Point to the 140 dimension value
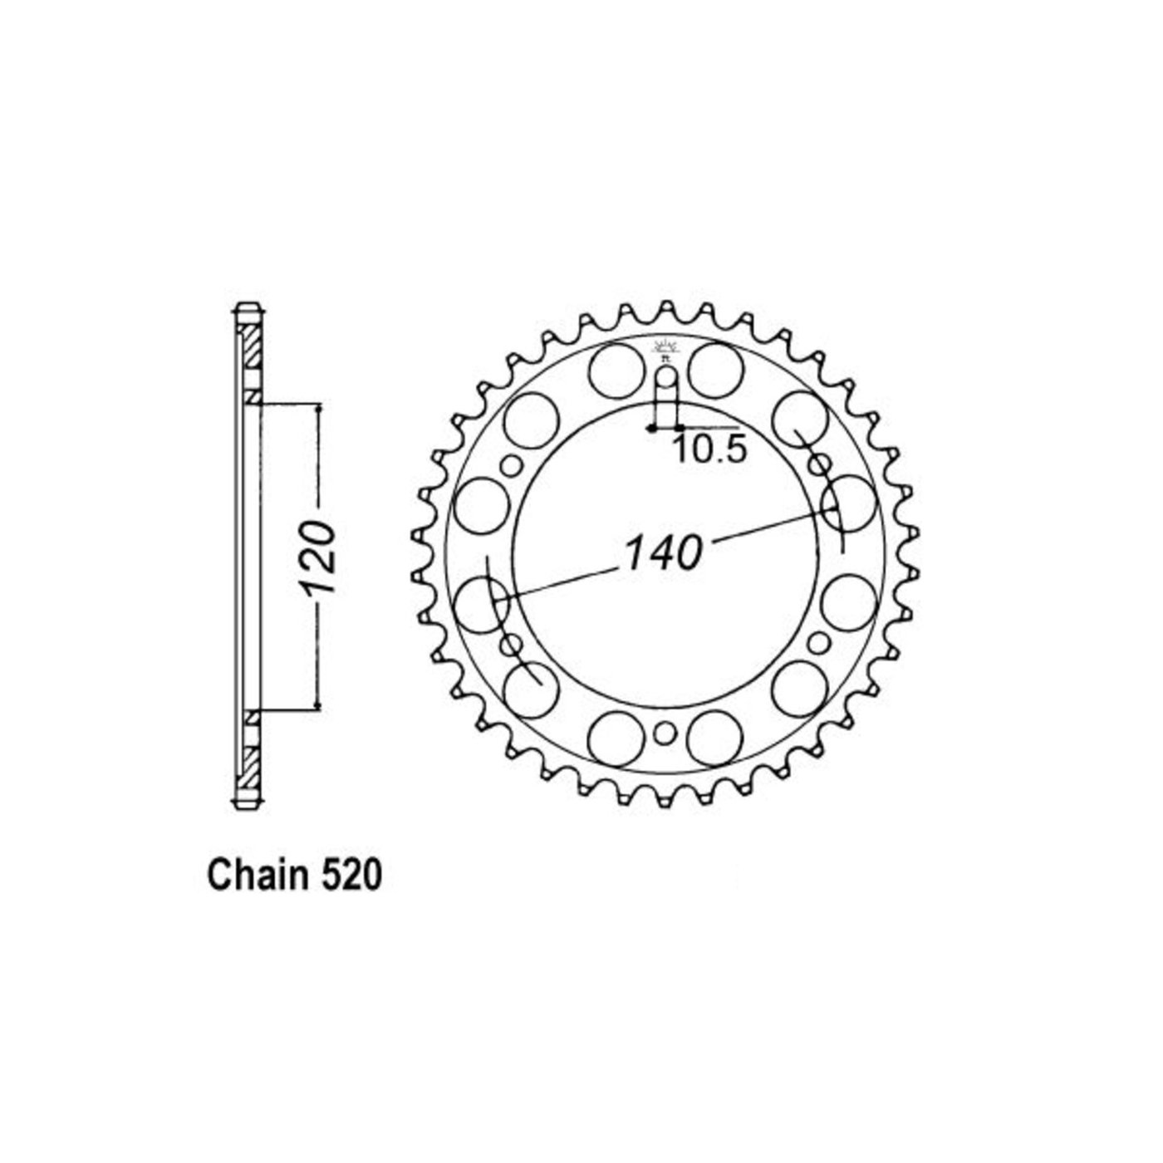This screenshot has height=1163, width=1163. click(x=663, y=552)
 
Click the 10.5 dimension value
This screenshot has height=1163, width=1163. click(x=709, y=449)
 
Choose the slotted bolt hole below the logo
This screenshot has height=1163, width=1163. click(x=665, y=395)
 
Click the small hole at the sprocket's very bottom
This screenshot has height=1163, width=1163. click(x=665, y=734)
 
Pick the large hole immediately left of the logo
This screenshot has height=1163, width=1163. click(x=615, y=370)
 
